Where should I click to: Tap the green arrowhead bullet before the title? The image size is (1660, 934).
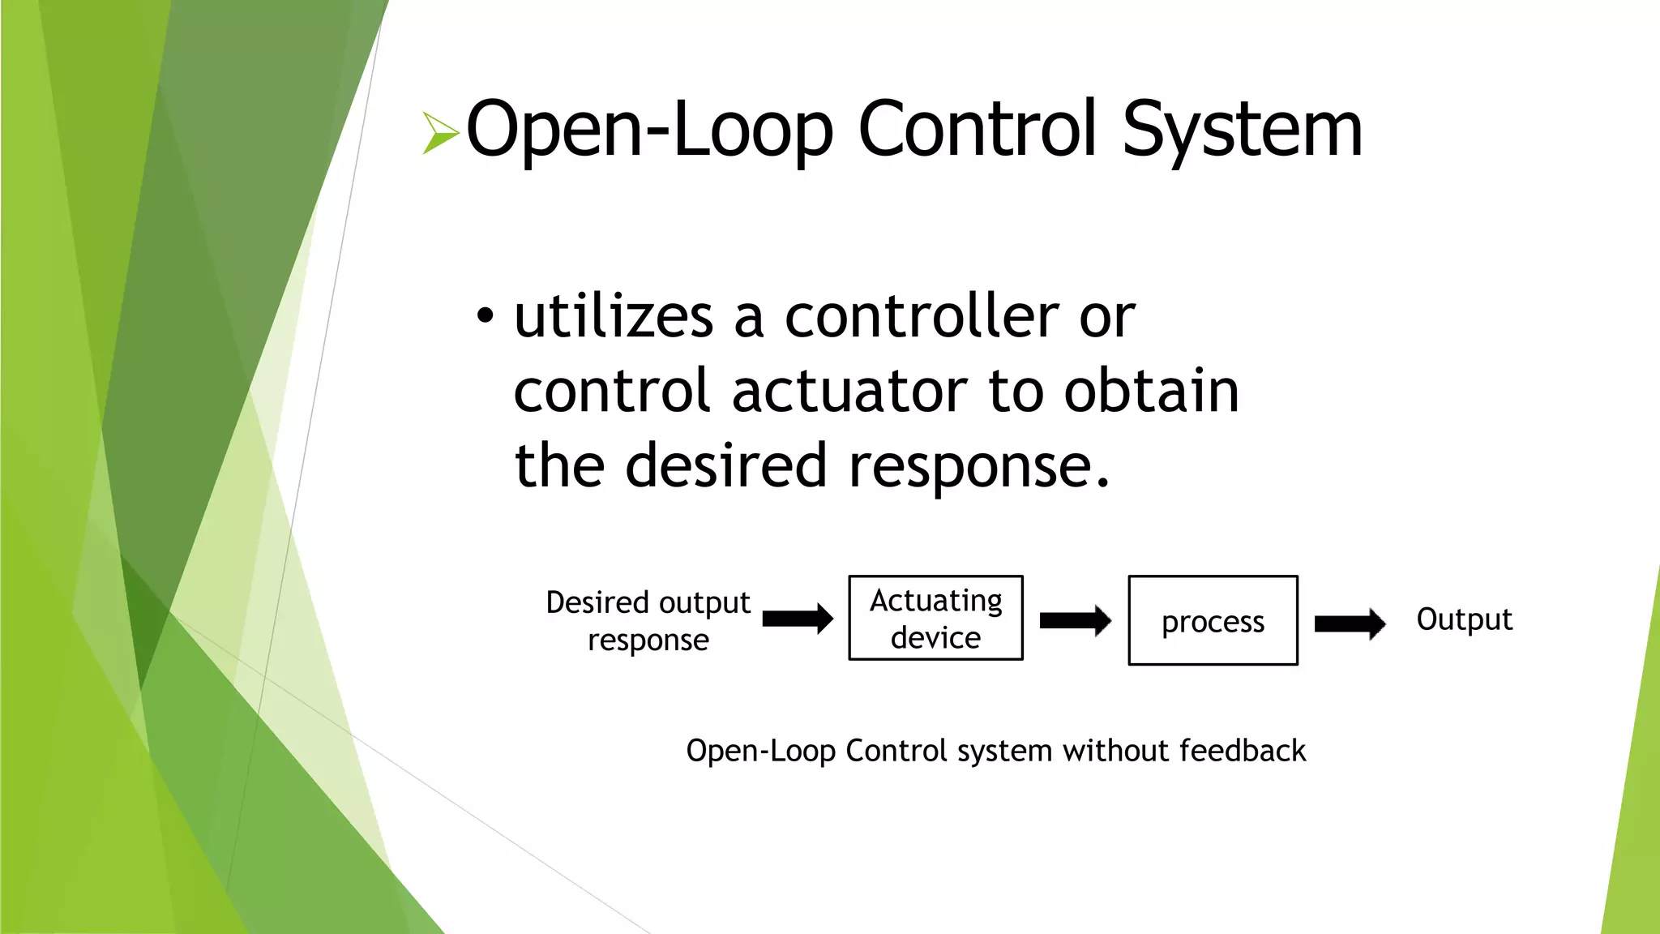click(x=440, y=133)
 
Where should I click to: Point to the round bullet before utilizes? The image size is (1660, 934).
click(x=485, y=317)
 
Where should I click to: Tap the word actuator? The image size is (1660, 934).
click(x=849, y=392)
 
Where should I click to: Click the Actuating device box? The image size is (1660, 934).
click(x=935, y=619)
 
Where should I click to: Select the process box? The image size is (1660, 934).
click(x=1213, y=621)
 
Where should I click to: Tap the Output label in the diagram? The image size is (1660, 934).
click(x=1464, y=619)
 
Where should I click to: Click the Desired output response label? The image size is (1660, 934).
click(x=648, y=621)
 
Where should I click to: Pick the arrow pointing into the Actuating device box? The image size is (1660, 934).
click(x=798, y=619)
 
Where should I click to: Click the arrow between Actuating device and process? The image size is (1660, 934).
click(x=1075, y=621)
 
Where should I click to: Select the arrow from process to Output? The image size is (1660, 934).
click(x=1350, y=623)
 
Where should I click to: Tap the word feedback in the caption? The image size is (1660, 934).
click(x=1243, y=751)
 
